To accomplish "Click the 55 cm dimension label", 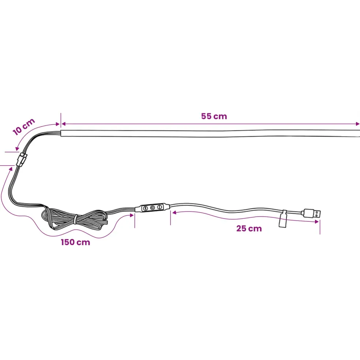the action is point(214,116).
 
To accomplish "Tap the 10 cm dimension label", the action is point(24,127).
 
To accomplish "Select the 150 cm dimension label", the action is point(75,242).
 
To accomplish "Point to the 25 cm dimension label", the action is point(249,228).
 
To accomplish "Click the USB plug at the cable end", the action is point(312,213).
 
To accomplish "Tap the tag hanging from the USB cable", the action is point(283,219).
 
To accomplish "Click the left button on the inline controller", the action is point(145,208).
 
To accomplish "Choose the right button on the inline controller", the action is point(160,207).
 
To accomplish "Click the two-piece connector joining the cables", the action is point(22,160).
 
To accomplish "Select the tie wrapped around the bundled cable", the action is point(75,219).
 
